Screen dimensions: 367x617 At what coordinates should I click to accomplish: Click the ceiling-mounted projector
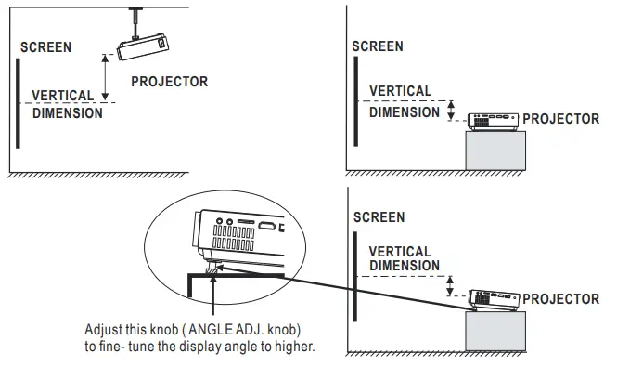[x=143, y=42]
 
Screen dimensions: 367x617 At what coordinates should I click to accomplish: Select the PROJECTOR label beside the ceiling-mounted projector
[x=169, y=82]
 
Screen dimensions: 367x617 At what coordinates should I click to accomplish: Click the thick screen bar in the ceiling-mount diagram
[x=17, y=102]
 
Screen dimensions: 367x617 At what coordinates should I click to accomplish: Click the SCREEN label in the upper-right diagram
[x=378, y=46]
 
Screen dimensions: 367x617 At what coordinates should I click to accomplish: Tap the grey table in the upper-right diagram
[x=495, y=150]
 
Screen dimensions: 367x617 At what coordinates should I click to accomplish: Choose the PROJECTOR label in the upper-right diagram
[x=560, y=120]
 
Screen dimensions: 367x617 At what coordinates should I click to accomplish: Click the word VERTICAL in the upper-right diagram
[x=400, y=91]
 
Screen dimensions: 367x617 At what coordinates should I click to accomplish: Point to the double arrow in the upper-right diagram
[x=452, y=111]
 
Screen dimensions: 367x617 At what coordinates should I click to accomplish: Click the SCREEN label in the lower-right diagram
[x=379, y=217]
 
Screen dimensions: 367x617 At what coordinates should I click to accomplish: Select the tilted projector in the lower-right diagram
[x=492, y=298]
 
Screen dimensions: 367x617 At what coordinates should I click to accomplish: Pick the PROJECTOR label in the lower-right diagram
[x=560, y=299]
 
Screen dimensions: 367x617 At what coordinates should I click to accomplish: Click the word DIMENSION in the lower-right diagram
[x=405, y=266]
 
